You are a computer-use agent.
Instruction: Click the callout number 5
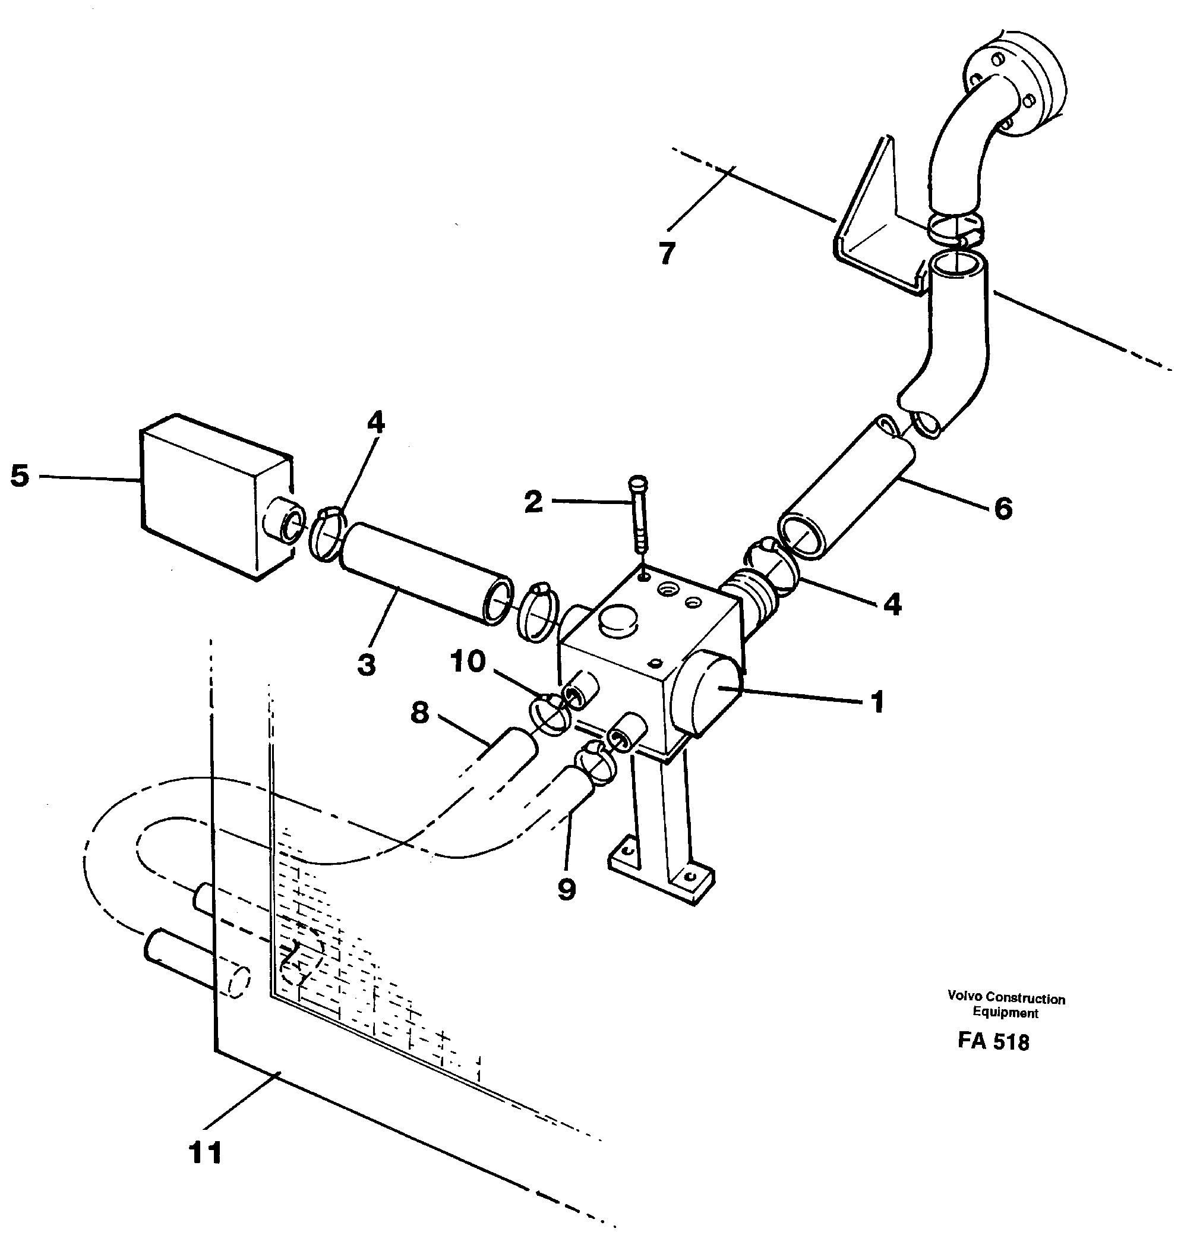[20, 476]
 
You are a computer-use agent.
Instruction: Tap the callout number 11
[206, 1153]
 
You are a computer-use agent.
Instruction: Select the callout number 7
[667, 254]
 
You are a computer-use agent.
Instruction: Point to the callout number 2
[533, 502]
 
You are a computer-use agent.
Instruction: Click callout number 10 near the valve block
[468, 662]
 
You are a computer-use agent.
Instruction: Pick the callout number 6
[1003, 508]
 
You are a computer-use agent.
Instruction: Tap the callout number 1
[877, 701]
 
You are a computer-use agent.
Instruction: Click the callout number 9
[566, 890]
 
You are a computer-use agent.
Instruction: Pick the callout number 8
[419, 714]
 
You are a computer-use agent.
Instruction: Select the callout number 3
[367, 665]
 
